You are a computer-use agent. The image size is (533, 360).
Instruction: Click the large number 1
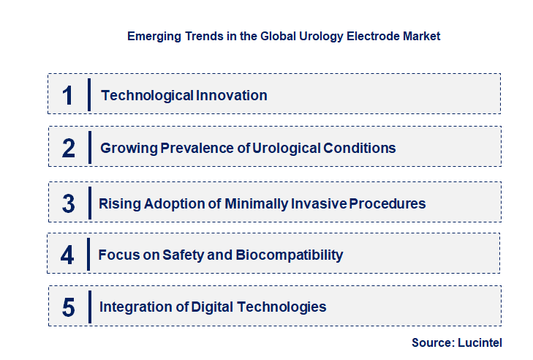67,95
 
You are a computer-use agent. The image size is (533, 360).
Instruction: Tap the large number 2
68,149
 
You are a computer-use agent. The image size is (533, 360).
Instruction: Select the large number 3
68,203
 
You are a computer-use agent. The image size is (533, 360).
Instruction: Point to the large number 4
67,255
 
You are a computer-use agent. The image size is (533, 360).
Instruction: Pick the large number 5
68,307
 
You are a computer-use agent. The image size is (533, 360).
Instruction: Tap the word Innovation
231,96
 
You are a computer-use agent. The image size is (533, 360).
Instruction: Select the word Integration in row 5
129,307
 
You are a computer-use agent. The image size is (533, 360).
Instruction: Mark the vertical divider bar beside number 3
88,202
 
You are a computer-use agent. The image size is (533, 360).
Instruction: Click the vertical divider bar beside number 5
88,306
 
